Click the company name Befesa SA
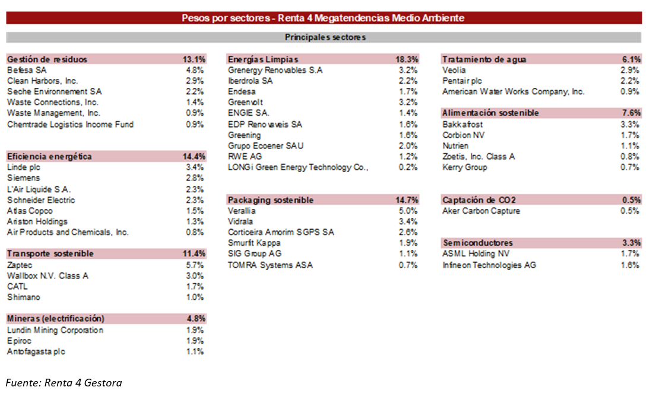tap(27, 70)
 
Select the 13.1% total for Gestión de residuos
tap(194, 59)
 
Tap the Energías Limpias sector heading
tap(262, 59)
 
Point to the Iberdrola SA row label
tap(250, 81)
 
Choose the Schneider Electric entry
tap(41, 200)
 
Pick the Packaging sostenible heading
tap(270, 200)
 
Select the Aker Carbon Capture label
tap(481, 211)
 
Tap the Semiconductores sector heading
tap(477, 243)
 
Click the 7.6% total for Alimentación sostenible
tap(631, 113)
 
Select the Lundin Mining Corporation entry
tap(55, 330)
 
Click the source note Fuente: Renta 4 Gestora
tap(64, 383)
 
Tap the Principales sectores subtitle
tap(325, 37)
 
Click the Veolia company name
tap(454, 70)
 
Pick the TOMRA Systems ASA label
tap(270, 265)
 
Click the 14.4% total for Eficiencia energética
tap(194, 157)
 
